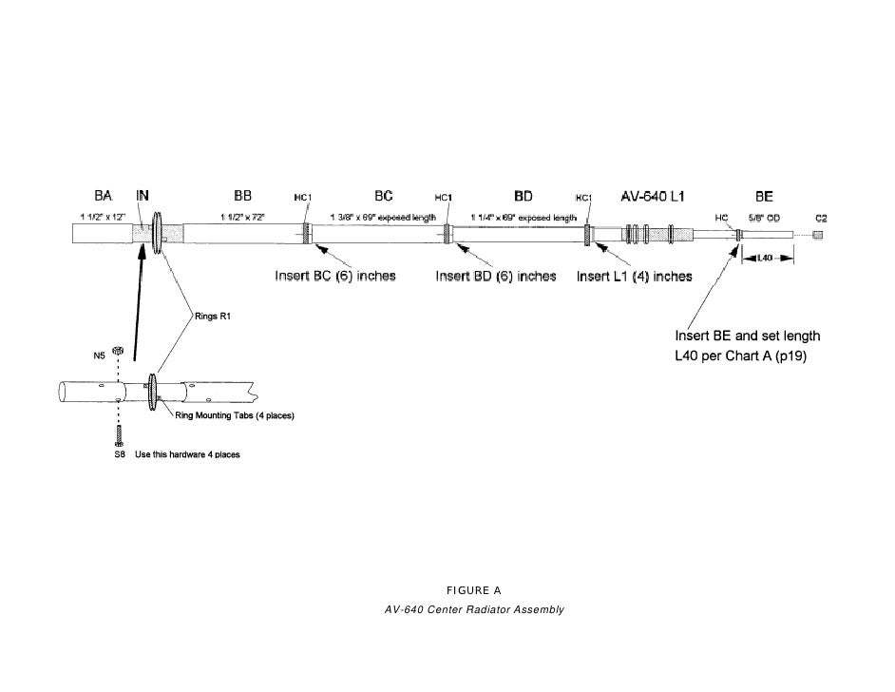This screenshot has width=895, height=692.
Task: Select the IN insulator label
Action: coord(143,195)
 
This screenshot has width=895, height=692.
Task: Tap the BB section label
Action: coord(242,195)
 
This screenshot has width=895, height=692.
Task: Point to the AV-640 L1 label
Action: coord(652,197)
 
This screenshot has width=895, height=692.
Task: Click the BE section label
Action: coord(764,197)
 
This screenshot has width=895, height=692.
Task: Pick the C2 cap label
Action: coord(819,219)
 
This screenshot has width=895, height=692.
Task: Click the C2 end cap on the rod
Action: coord(818,235)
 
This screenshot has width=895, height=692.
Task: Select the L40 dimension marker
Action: coord(767,258)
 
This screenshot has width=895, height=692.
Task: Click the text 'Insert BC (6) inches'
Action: coord(335,277)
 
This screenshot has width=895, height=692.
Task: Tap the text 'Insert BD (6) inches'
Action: coord(495,277)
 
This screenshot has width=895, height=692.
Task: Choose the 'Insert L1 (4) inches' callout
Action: coord(634,277)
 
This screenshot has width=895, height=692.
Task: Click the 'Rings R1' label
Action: coord(213,317)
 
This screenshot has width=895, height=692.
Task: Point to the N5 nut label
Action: coord(99,356)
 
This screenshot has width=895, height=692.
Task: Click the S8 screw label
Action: coord(107,454)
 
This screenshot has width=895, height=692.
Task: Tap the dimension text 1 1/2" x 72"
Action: coord(243,218)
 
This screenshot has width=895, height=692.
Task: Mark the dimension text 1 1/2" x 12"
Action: coord(100,218)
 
